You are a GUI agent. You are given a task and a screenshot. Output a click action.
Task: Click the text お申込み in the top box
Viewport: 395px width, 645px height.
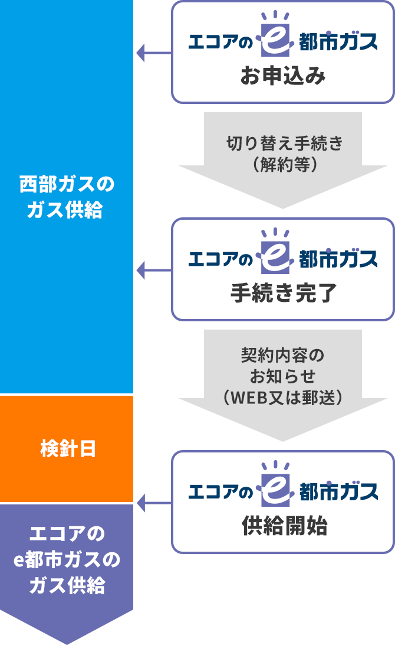pos(283,77)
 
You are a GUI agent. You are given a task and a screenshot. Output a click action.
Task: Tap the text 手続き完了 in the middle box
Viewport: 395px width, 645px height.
pos(283,294)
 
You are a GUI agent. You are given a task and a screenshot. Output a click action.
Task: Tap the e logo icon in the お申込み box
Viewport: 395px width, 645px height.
pos(278,40)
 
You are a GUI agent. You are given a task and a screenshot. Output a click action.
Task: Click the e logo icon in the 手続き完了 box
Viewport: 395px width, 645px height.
pos(278,257)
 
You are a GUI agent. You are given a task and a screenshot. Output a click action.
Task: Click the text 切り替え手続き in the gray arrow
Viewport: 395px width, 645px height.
pos(284,144)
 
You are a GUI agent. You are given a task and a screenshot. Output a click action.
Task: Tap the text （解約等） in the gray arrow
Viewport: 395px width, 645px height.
pos(284,164)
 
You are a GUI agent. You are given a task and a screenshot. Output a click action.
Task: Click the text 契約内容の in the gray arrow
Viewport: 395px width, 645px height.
pos(283,356)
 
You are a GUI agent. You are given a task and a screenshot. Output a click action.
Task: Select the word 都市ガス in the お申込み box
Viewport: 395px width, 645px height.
pos(338,43)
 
